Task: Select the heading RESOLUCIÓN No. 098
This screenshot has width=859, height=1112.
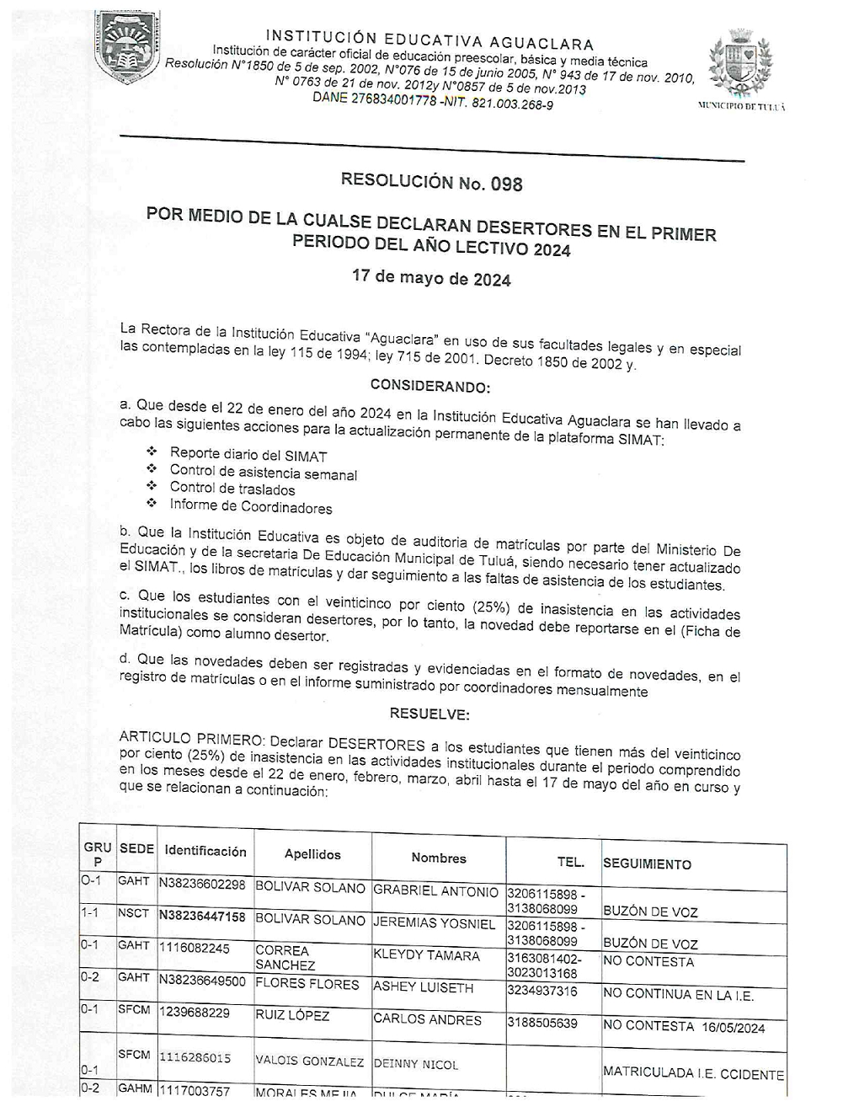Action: point(431,181)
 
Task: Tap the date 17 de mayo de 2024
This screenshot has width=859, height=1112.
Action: point(431,277)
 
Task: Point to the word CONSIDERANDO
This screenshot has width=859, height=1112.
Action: point(429,387)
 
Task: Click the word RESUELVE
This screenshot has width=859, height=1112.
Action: point(429,714)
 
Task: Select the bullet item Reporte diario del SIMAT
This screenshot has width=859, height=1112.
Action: point(248,455)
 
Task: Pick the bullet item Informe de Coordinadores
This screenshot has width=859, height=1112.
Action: point(250,507)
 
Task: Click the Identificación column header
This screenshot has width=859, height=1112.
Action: point(205,851)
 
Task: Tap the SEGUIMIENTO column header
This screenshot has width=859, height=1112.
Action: point(647,863)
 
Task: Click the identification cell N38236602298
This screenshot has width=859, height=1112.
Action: point(202,884)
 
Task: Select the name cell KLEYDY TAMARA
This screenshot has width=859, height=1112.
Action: point(426,955)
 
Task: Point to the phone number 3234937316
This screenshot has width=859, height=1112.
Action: point(542,991)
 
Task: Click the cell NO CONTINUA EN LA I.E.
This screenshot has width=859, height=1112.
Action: point(678,994)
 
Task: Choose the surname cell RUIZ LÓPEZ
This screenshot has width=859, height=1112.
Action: point(292,1016)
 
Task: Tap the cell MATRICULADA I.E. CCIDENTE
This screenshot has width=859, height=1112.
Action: point(693,1074)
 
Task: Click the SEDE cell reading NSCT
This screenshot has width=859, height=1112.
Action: point(133,913)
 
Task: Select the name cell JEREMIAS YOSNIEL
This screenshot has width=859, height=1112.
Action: point(434,923)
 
